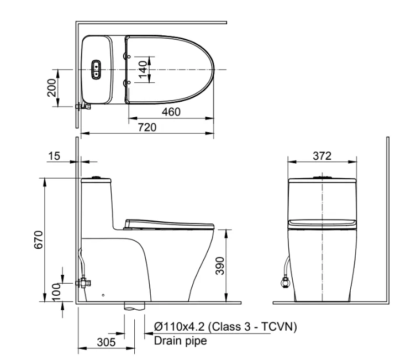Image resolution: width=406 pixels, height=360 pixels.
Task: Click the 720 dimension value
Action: (147, 127)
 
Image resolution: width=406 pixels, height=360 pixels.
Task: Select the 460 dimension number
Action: (171, 112)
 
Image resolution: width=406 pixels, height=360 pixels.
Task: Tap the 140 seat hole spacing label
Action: (143, 70)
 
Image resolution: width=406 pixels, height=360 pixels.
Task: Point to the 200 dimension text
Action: (52, 87)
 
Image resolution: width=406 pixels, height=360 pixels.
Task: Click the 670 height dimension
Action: (39, 240)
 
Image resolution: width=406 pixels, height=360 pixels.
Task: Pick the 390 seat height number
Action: (220, 265)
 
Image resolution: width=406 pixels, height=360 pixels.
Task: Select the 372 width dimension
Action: (322, 156)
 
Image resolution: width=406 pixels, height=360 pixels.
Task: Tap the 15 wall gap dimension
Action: (54, 156)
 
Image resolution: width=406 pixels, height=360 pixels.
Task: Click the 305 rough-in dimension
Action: (106, 342)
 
